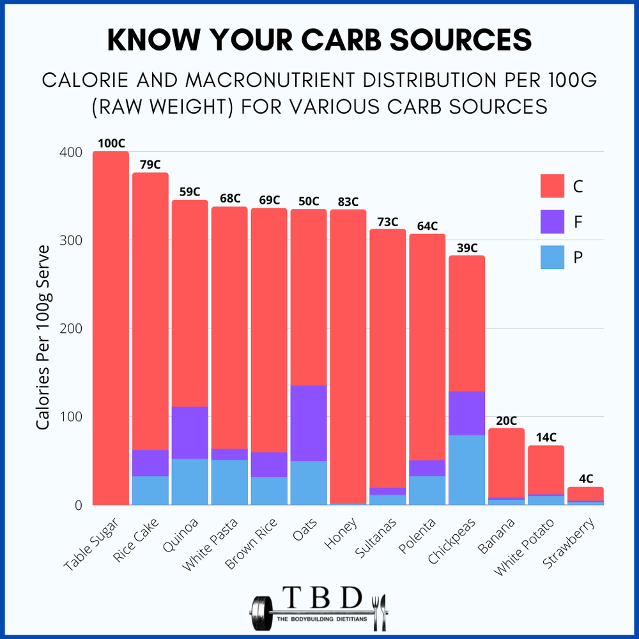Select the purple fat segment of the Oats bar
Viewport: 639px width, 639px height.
pyautogui.click(x=309, y=423)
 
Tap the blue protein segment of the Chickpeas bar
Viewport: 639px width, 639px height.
pyautogui.click(x=466, y=470)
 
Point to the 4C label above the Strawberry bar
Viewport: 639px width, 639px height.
pyautogui.click(x=586, y=479)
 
